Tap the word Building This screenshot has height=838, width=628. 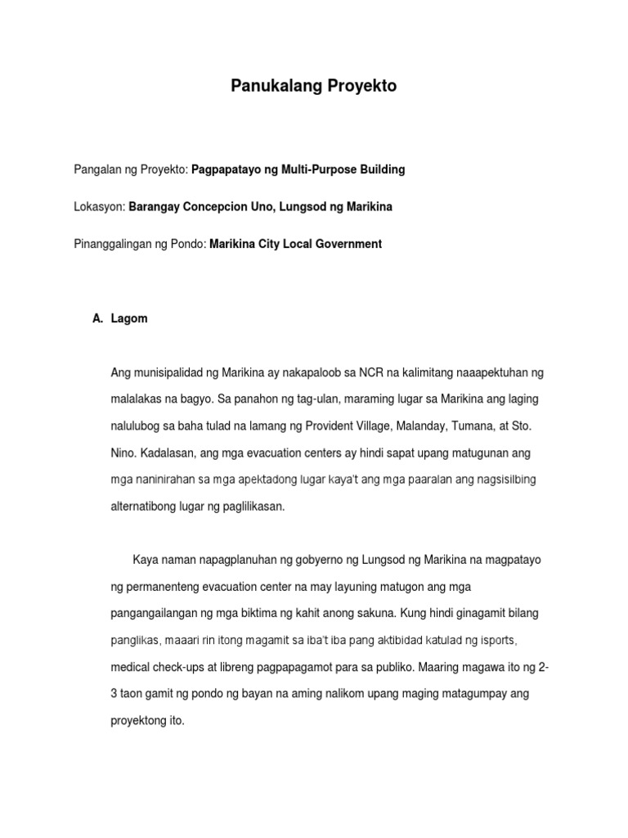383,169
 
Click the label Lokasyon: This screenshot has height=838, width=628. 98,207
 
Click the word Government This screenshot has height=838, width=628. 349,244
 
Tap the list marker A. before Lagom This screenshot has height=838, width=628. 100,318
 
